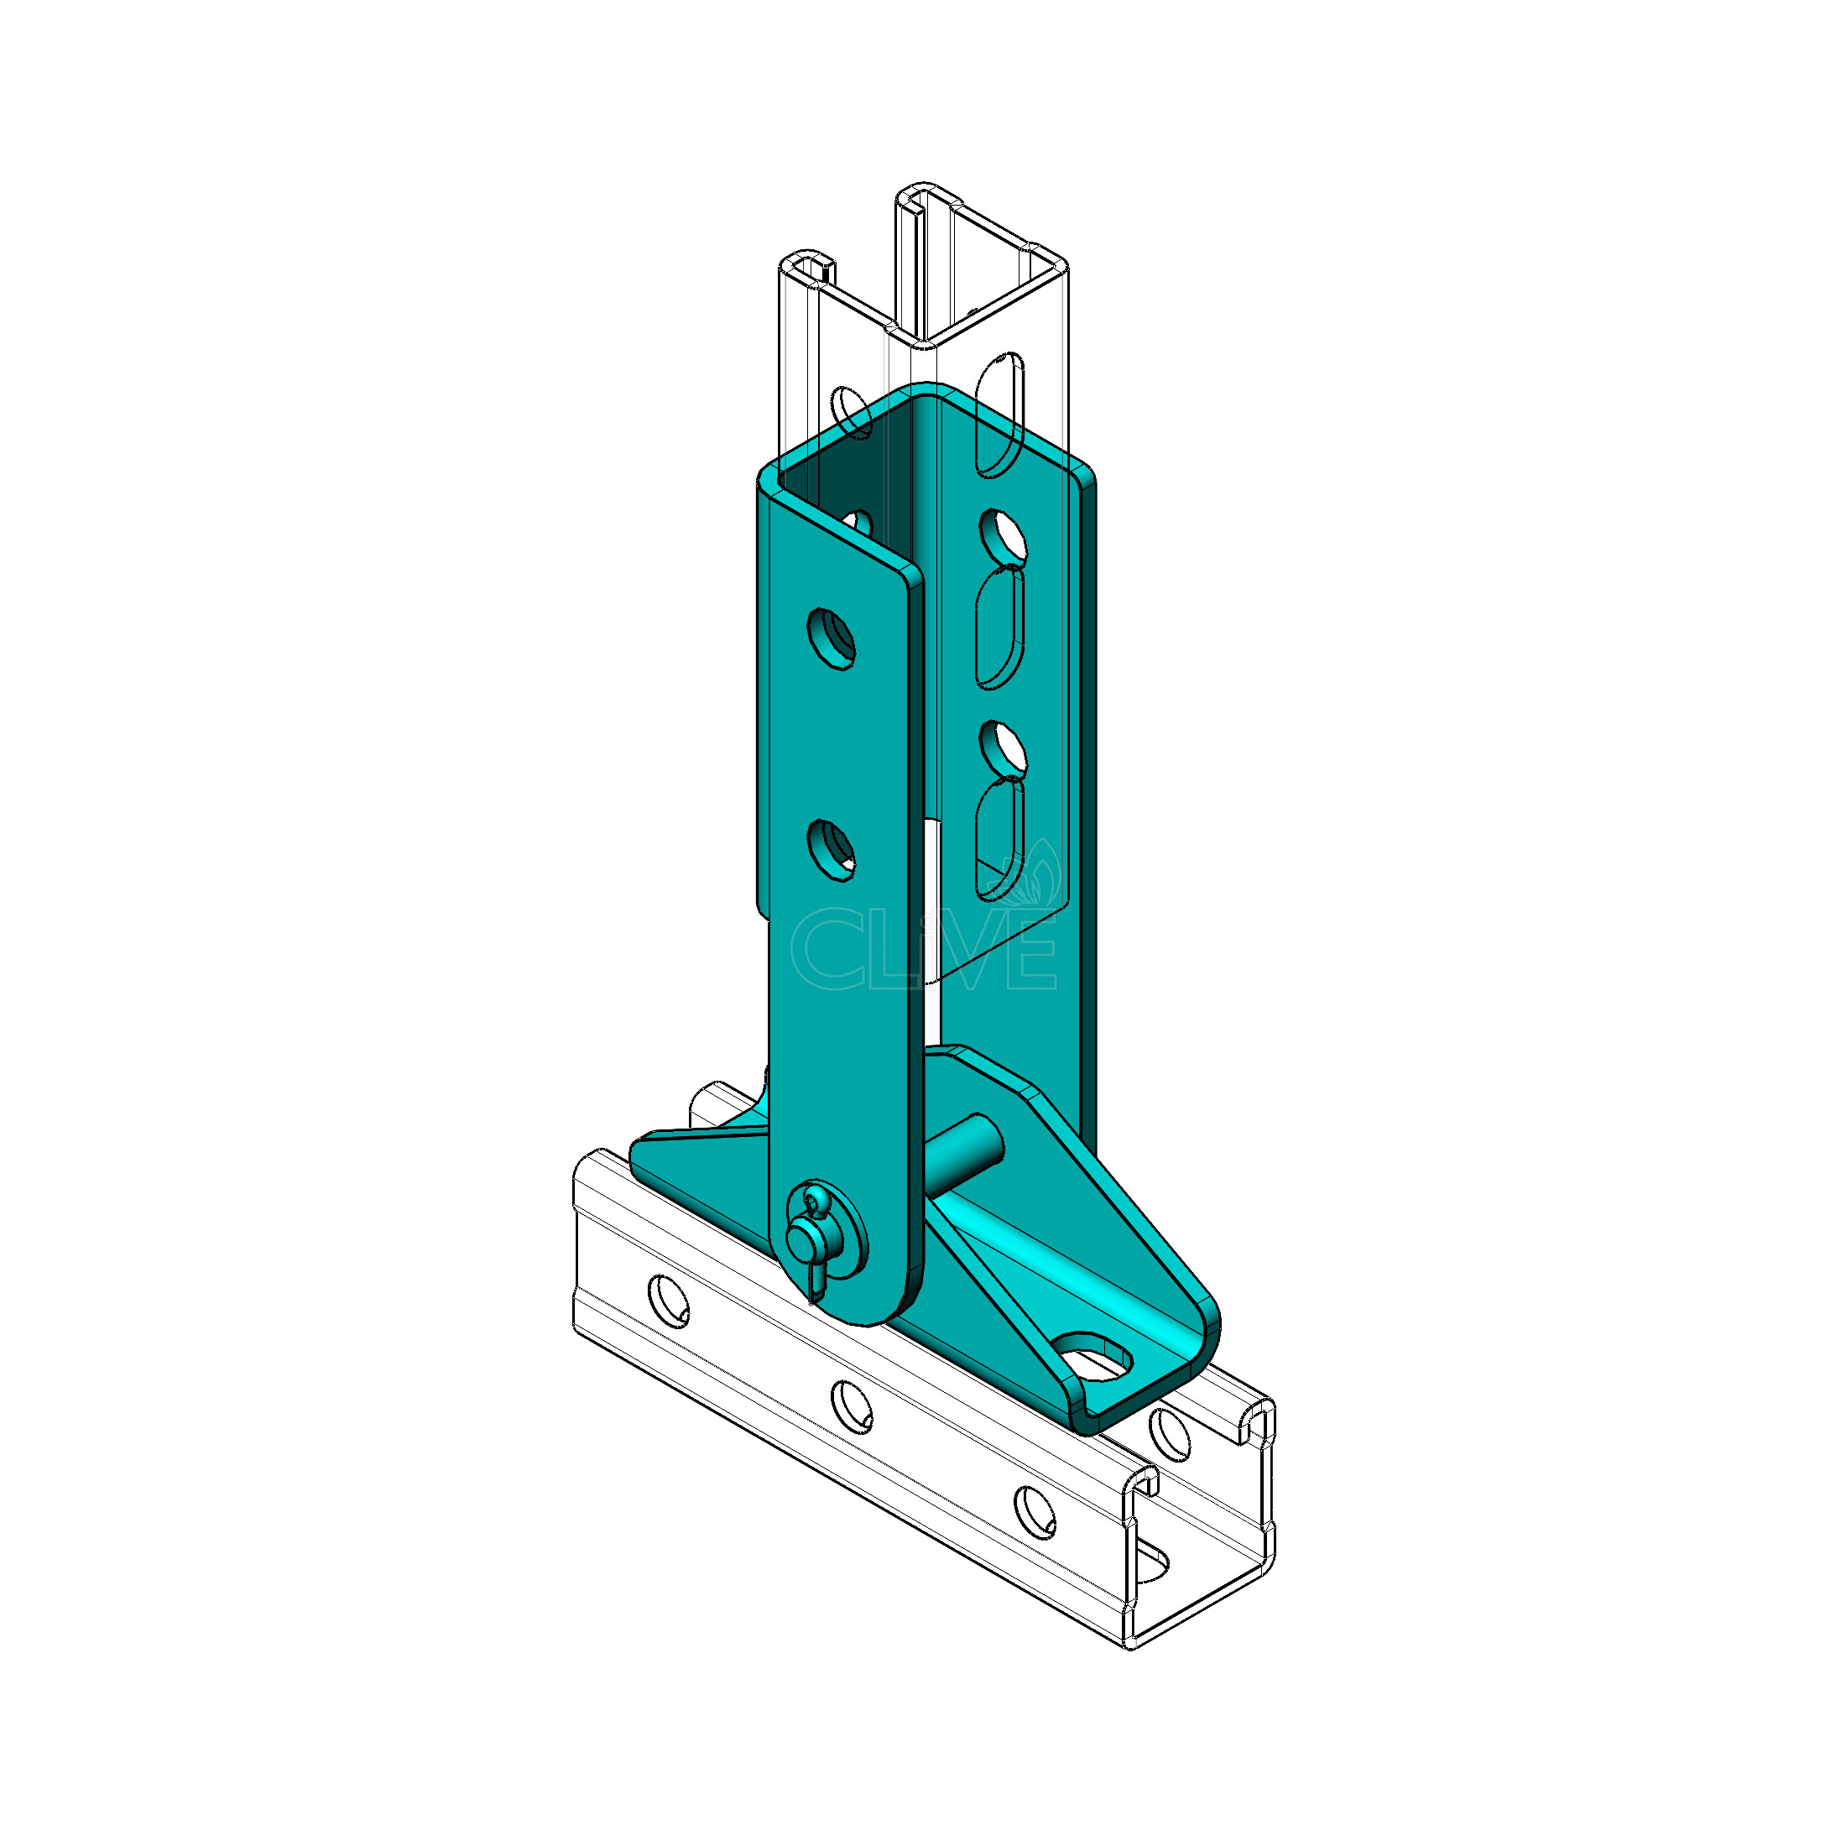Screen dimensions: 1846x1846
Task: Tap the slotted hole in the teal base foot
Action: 1093,1358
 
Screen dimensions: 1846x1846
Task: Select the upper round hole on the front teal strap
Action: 831,638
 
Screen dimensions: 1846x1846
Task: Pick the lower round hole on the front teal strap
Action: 831,848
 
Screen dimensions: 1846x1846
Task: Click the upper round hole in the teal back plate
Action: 1003,538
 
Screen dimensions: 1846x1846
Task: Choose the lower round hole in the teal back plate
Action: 1003,749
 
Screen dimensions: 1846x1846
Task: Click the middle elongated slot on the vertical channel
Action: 999,627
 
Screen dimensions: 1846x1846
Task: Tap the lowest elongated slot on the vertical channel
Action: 999,839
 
